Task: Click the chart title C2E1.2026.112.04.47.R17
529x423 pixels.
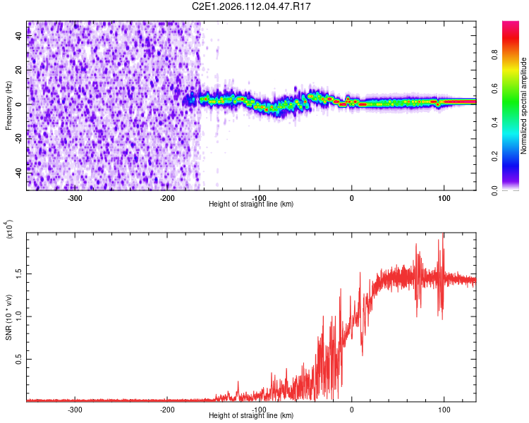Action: click(x=251, y=6)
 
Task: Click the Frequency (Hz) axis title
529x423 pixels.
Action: click(x=8, y=105)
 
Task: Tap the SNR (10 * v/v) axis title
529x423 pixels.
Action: click(x=8, y=317)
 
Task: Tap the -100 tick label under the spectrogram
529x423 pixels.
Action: click(x=260, y=197)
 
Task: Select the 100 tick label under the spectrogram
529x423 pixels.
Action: click(x=444, y=197)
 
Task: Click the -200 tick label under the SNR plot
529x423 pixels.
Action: click(x=167, y=408)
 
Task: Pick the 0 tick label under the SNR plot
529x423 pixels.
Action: click(x=352, y=408)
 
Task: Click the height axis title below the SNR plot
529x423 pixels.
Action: click(x=251, y=416)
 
